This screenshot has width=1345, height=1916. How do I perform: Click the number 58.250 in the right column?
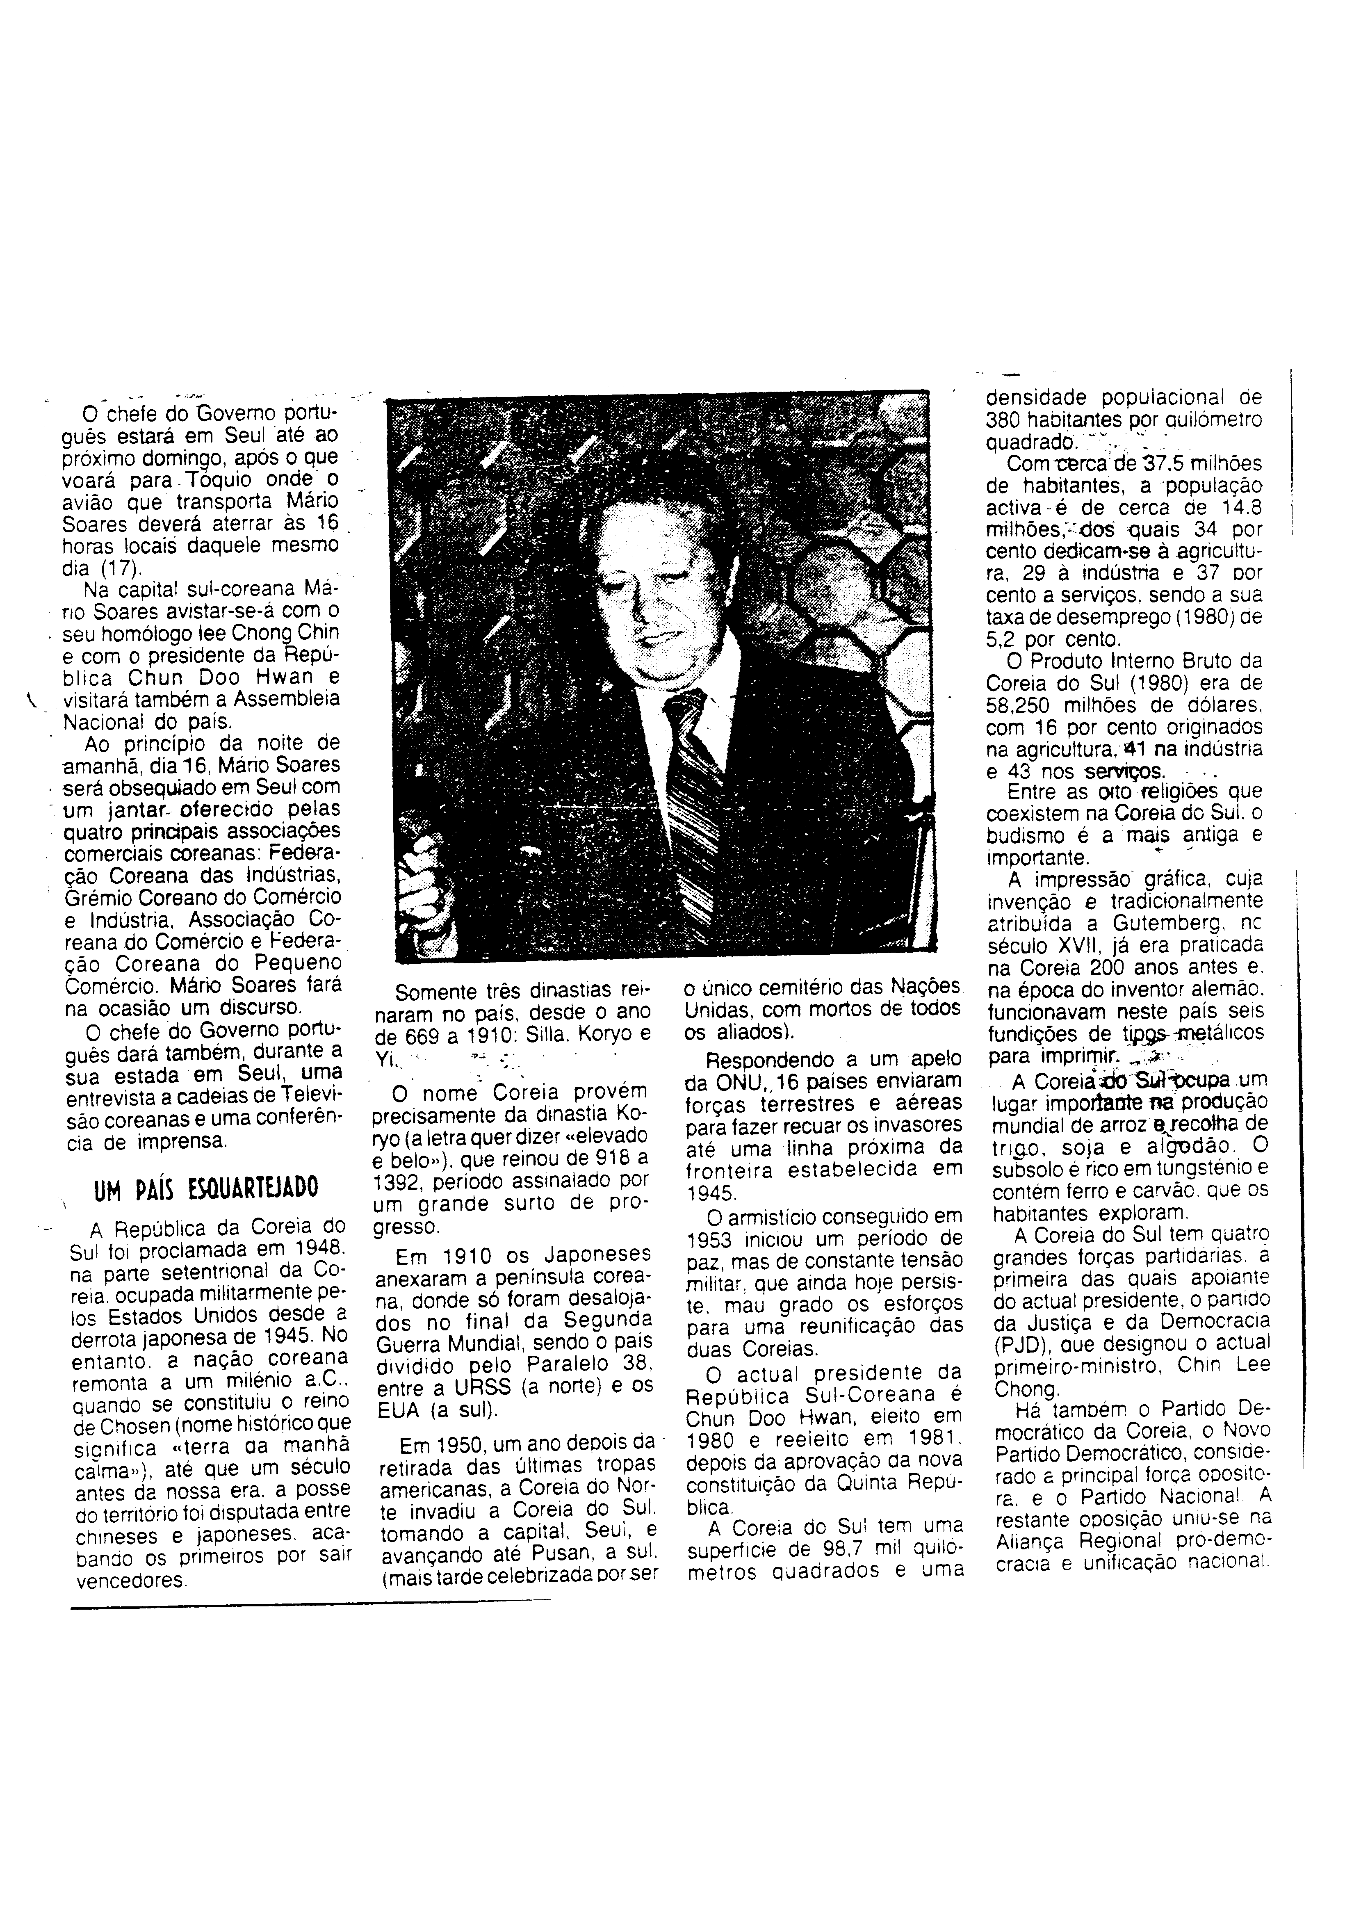pos(1022,705)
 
